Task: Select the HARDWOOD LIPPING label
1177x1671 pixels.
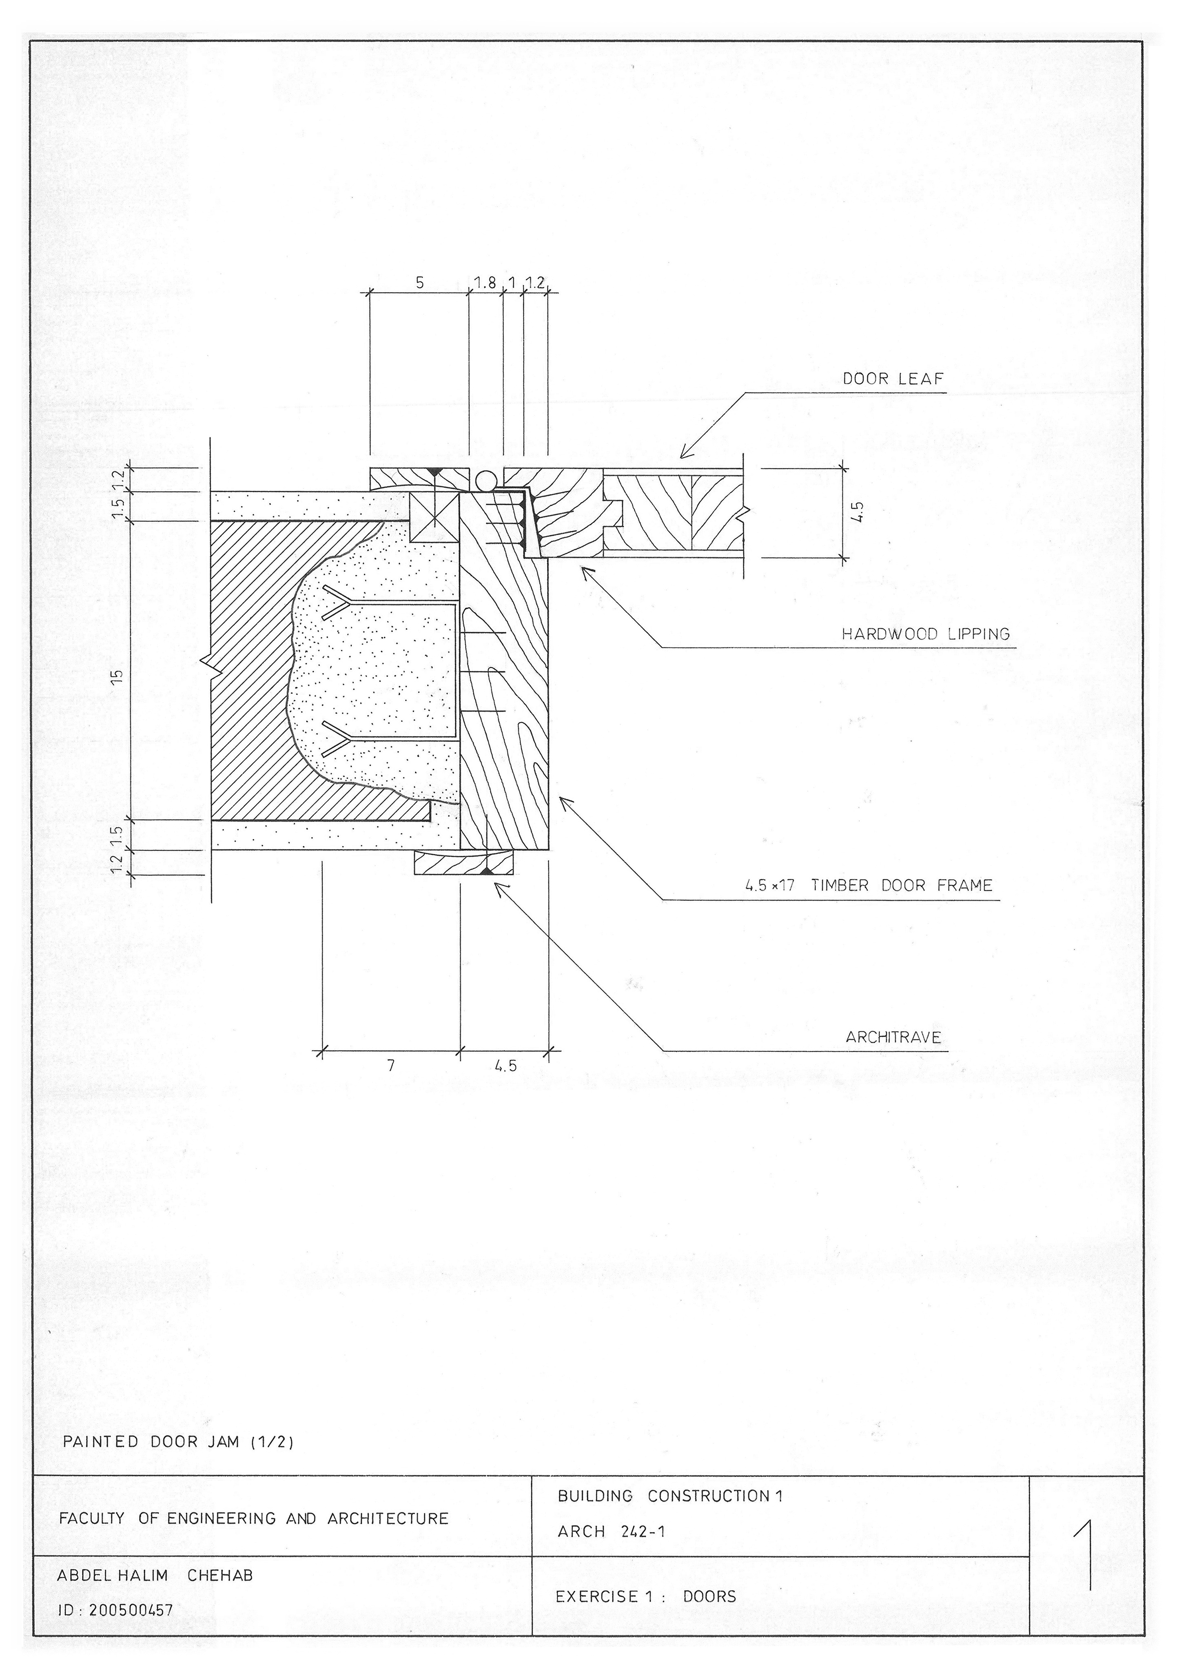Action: click(x=925, y=634)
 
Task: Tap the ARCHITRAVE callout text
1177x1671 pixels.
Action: click(x=893, y=1037)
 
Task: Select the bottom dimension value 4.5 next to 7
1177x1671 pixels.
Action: click(x=505, y=1066)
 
